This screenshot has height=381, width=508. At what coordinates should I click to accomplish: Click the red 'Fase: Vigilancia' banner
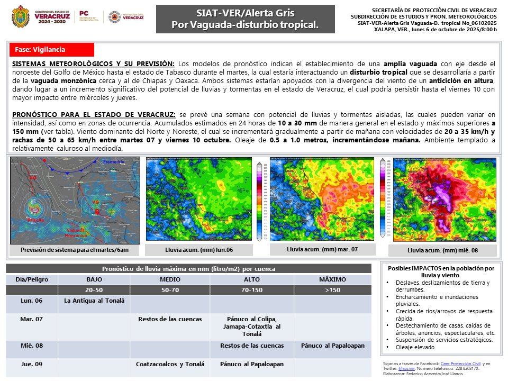click(x=52, y=50)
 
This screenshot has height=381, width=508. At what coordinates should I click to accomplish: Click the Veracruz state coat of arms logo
click(x=21, y=16)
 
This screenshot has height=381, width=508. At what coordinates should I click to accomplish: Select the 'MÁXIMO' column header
click(x=332, y=279)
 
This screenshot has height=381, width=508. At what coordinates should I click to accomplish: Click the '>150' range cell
click(x=332, y=290)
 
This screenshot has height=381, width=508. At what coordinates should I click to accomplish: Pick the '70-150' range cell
click(x=251, y=290)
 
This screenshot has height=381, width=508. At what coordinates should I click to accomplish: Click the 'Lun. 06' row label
click(x=32, y=301)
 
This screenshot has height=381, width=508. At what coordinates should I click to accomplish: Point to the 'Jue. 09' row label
click(x=32, y=364)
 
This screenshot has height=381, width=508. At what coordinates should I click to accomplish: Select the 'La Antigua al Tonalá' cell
click(x=94, y=301)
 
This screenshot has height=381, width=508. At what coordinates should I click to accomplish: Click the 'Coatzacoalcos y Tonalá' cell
click(x=170, y=364)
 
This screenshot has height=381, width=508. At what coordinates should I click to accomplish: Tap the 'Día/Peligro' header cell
click(x=32, y=279)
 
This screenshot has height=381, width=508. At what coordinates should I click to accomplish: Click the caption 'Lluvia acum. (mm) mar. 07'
click(x=322, y=249)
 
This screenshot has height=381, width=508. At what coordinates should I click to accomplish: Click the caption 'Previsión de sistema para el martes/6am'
click(x=75, y=250)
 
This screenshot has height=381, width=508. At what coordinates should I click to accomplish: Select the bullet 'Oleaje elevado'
click(x=418, y=347)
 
